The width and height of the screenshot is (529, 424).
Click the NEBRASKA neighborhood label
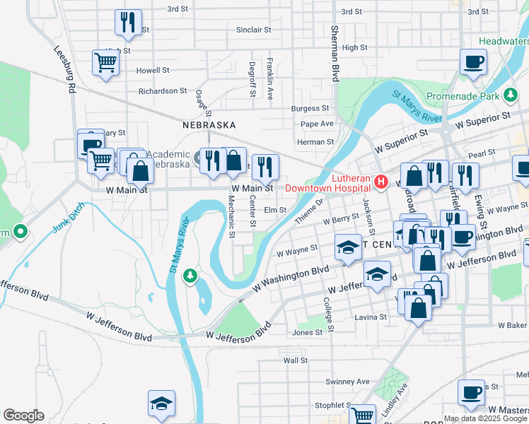coord(209,125)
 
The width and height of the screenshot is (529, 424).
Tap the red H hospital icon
coord(382,183)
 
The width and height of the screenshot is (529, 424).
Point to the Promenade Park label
coord(464,95)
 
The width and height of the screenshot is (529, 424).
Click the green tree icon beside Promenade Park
coord(510,95)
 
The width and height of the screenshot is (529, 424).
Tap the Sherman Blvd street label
coord(334,54)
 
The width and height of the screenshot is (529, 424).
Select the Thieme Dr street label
coord(308,210)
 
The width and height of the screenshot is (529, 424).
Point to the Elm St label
coord(274,210)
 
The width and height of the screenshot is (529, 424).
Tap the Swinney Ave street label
coord(348,382)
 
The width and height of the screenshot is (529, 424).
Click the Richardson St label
coord(162,91)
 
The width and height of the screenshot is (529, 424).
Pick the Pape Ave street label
coord(317,124)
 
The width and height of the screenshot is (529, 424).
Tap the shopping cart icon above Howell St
coord(105,63)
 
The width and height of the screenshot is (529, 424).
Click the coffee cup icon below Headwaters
coord(472,61)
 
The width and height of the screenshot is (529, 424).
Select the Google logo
coord(23,416)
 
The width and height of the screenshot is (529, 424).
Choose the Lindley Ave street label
coord(396,399)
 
